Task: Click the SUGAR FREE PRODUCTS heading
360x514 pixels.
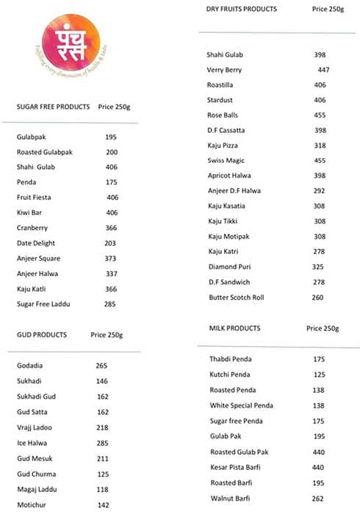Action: coord(54,107)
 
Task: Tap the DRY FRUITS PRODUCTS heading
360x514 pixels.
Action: coord(242,9)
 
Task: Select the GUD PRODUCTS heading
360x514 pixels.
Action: coord(42,335)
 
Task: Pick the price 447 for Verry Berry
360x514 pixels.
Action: coord(323,70)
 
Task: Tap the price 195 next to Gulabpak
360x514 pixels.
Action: coord(111,137)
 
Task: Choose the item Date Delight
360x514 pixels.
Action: coord(36,243)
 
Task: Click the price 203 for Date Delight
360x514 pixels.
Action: coord(111,243)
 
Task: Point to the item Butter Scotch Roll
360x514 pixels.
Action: coord(236,297)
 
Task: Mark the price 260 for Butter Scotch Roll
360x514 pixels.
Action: coord(317,297)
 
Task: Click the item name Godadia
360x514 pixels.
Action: coord(29,366)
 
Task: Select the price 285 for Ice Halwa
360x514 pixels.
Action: coord(101,443)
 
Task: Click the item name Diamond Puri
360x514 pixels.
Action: coord(229,267)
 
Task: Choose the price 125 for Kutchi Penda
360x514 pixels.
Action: coord(319,374)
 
